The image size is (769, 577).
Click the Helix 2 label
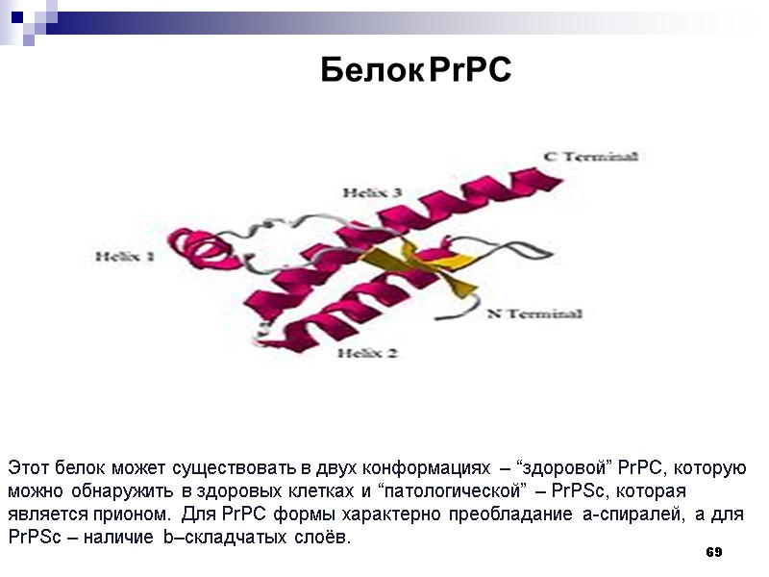(x=367, y=353)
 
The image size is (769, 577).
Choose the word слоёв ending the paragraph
(x=325, y=537)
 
